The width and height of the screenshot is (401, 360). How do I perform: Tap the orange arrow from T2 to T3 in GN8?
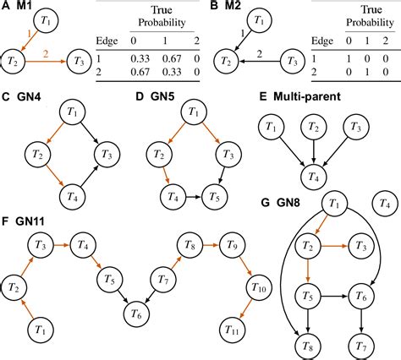pyautogui.click(x=335, y=246)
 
